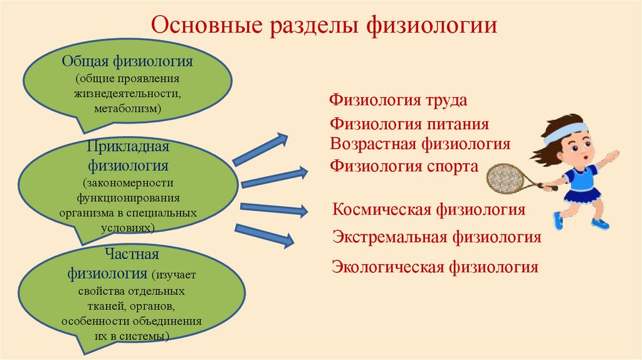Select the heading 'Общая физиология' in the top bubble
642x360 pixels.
pos(127,61)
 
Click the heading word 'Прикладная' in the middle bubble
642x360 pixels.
pos(129,146)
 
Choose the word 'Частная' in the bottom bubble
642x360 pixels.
pos(132,254)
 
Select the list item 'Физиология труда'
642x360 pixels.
pos(399,100)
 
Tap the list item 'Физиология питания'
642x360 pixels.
pos(409,124)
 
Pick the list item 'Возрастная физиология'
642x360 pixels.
pos(420,144)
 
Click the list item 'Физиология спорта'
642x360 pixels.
pos(404,166)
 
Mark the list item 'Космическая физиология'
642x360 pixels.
pos(429,209)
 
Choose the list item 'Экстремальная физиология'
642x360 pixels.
pos(436,238)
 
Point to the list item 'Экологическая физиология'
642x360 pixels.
pos(435,267)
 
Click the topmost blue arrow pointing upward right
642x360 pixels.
pos(260,149)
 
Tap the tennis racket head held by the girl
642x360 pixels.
pos(505,178)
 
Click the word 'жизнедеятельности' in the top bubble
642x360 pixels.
pos(128,94)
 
